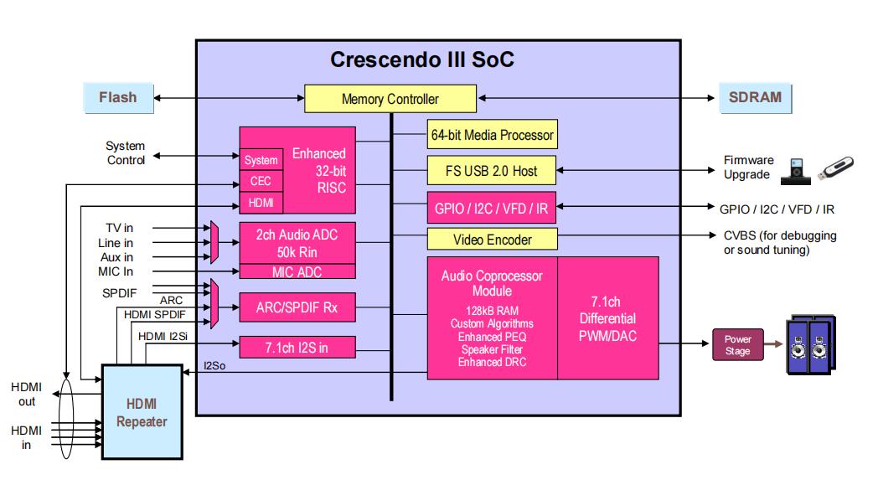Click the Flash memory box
117,97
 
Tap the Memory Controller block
390,99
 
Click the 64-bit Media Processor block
492,134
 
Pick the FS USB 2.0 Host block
492,171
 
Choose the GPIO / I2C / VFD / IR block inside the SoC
492,208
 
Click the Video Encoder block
492,240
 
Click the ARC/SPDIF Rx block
297,307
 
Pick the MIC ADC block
297,271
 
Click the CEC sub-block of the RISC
261,181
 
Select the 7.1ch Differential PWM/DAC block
607,318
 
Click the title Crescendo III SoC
421,60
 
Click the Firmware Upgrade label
747,168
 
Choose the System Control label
126,153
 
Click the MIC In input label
115,271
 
